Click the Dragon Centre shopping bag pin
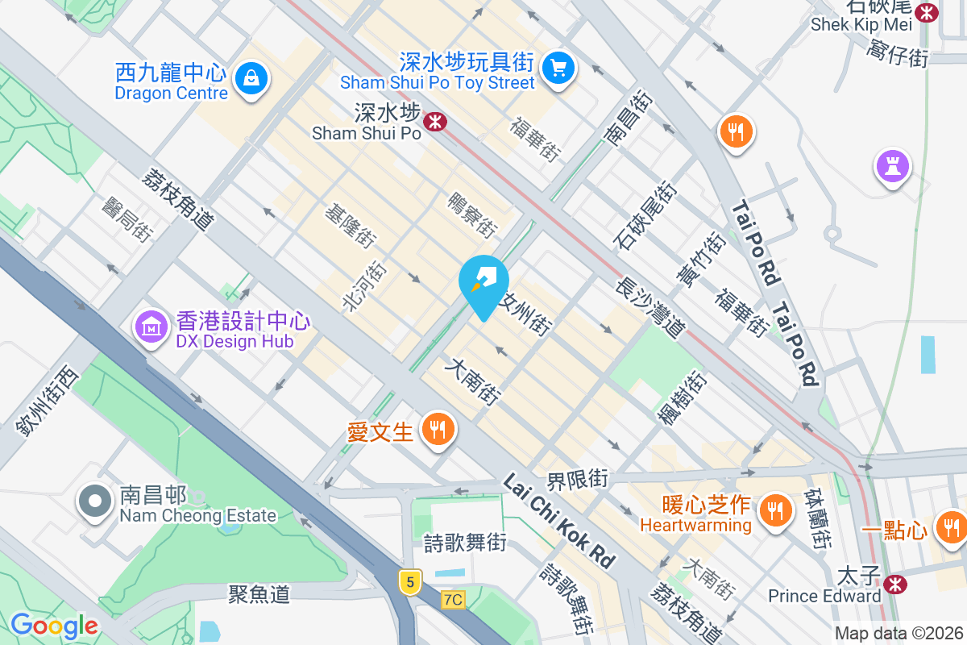click(x=252, y=79)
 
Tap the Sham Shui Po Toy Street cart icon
click(x=558, y=67)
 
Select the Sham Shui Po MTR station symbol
click(x=435, y=122)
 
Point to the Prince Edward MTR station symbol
click(x=894, y=584)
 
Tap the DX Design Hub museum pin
click(x=151, y=326)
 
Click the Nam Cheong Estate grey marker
click(x=95, y=501)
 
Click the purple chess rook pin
click(x=892, y=167)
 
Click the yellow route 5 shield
click(x=410, y=580)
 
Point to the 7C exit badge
click(x=454, y=600)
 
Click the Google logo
click(x=54, y=626)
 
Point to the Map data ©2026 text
click(x=898, y=634)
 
